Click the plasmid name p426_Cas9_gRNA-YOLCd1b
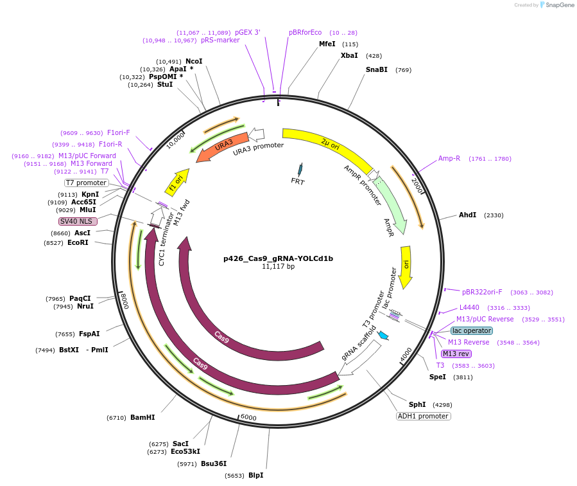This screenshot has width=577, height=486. (x=278, y=258)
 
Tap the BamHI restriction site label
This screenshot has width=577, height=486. (x=142, y=417)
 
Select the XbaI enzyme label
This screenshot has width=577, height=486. (x=349, y=56)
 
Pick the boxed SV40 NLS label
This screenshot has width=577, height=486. (x=78, y=221)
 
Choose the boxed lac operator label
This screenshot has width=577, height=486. (x=471, y=330)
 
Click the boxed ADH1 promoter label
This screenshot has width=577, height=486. (x=424, y=416)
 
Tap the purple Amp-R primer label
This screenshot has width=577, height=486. (x=449, y=158)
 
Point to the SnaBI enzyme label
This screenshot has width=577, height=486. (x=377, y=69)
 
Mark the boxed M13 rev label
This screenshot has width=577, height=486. (x=456, y=354)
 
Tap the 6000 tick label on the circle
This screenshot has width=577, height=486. (x=248, y=418)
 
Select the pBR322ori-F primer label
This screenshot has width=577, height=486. (x=482, y=292)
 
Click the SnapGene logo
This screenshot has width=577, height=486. (x=556, y=5)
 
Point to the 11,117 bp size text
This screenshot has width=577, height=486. (x=278, y=266)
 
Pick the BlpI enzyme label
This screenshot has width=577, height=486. (x=255, y=475)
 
